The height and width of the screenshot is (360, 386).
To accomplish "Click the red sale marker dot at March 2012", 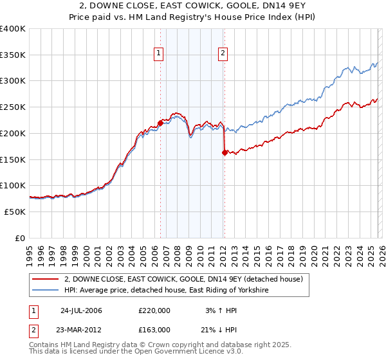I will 225,152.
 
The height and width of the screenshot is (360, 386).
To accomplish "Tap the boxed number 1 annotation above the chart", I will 158,54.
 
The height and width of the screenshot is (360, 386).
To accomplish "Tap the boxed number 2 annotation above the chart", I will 223,54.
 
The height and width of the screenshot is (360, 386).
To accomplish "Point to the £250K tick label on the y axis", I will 12,107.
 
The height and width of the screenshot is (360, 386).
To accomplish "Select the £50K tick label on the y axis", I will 15,212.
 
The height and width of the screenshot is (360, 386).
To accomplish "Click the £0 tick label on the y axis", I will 20,238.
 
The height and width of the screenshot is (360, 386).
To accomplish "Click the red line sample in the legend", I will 46,278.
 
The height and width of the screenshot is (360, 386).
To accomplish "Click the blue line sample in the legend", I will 46,291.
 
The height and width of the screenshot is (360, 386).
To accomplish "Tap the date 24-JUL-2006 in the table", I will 81,310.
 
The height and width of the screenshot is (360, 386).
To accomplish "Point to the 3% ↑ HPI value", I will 221,310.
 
